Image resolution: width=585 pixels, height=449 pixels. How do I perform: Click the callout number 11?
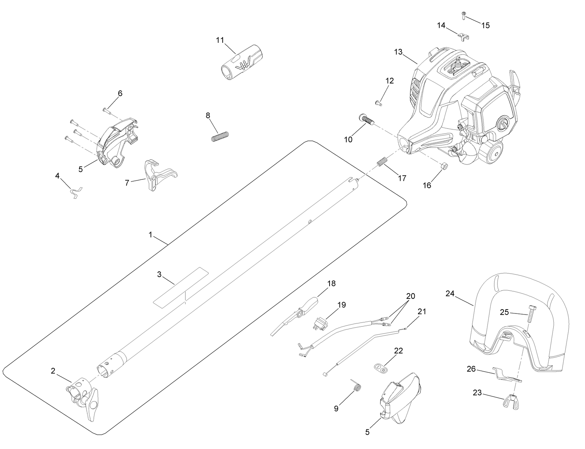click(220, 40)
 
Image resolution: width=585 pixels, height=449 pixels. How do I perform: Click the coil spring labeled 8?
click(220, 137)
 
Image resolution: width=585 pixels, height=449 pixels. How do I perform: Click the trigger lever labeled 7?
click(157, 175)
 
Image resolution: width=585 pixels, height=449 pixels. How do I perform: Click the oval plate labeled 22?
click(380, 367)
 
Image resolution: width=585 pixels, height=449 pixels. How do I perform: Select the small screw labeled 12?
click(378, 103)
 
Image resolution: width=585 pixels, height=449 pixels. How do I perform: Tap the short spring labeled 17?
click(382, 162)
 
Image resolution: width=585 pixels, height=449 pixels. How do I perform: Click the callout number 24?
click(450, 293)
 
